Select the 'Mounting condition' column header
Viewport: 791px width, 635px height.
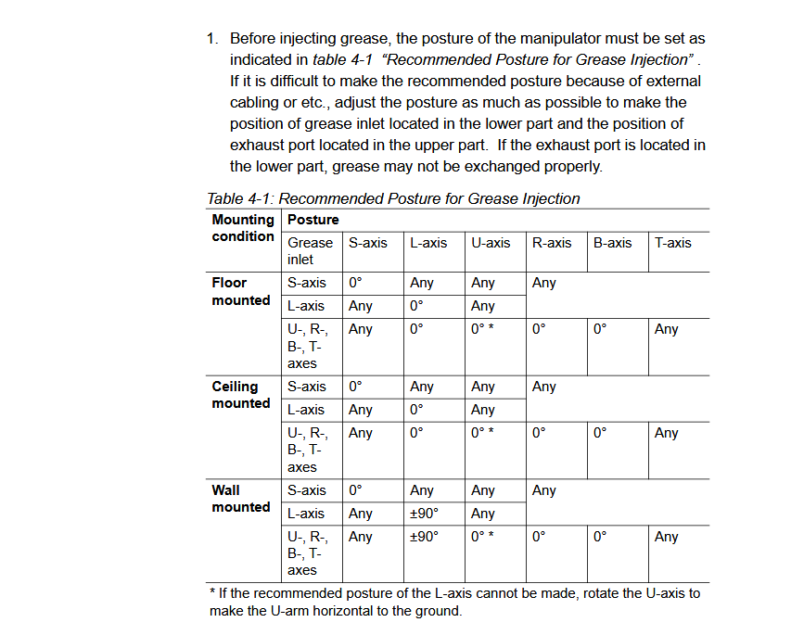[243, 228]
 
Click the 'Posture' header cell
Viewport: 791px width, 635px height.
[313, 220]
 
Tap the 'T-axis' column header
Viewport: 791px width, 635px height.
[672, 243]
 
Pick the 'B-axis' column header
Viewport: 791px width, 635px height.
[612, 243]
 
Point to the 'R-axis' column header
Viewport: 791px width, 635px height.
[552, 243]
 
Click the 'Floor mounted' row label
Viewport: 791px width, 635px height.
[240, 291]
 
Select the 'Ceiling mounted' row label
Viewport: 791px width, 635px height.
[240, 395]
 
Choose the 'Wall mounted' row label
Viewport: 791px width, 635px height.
[240, 499]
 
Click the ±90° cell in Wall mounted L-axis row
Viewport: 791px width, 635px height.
[424, 514]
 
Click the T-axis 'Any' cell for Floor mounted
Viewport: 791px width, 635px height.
[666, 329]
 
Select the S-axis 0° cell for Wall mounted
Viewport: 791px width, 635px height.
[355, 490]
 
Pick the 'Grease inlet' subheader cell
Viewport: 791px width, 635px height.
[310, 251]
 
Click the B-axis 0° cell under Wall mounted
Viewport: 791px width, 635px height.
[600, 537]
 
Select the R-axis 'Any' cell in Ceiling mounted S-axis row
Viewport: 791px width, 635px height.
[544, 387]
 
